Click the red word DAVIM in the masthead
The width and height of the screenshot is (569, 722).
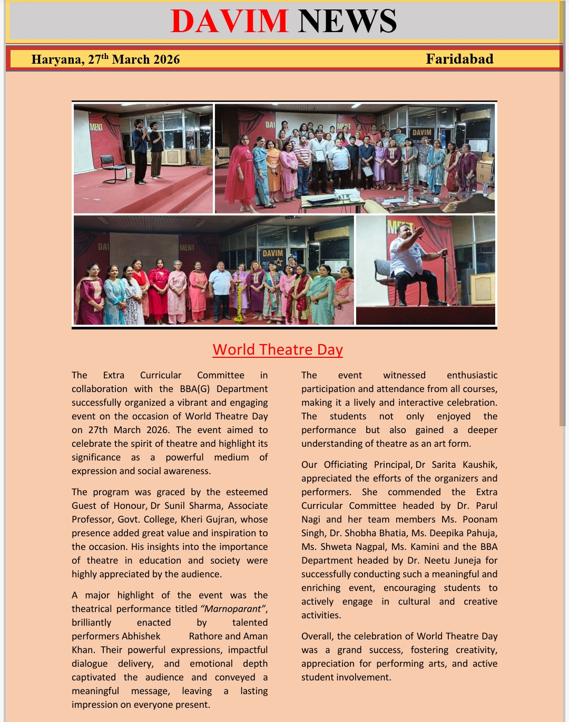(x=229, y=21)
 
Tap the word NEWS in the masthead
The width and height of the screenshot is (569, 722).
(x=347, y=21)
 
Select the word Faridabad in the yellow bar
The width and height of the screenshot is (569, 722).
(x=459, y=59)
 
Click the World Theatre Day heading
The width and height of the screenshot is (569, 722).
(x=278, y=349)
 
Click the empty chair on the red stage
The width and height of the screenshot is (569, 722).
(x=113, y=167)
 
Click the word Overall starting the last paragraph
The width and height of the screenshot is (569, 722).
(x=317, y=636)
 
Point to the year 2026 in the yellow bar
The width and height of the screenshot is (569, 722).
(x=166, y=59)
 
